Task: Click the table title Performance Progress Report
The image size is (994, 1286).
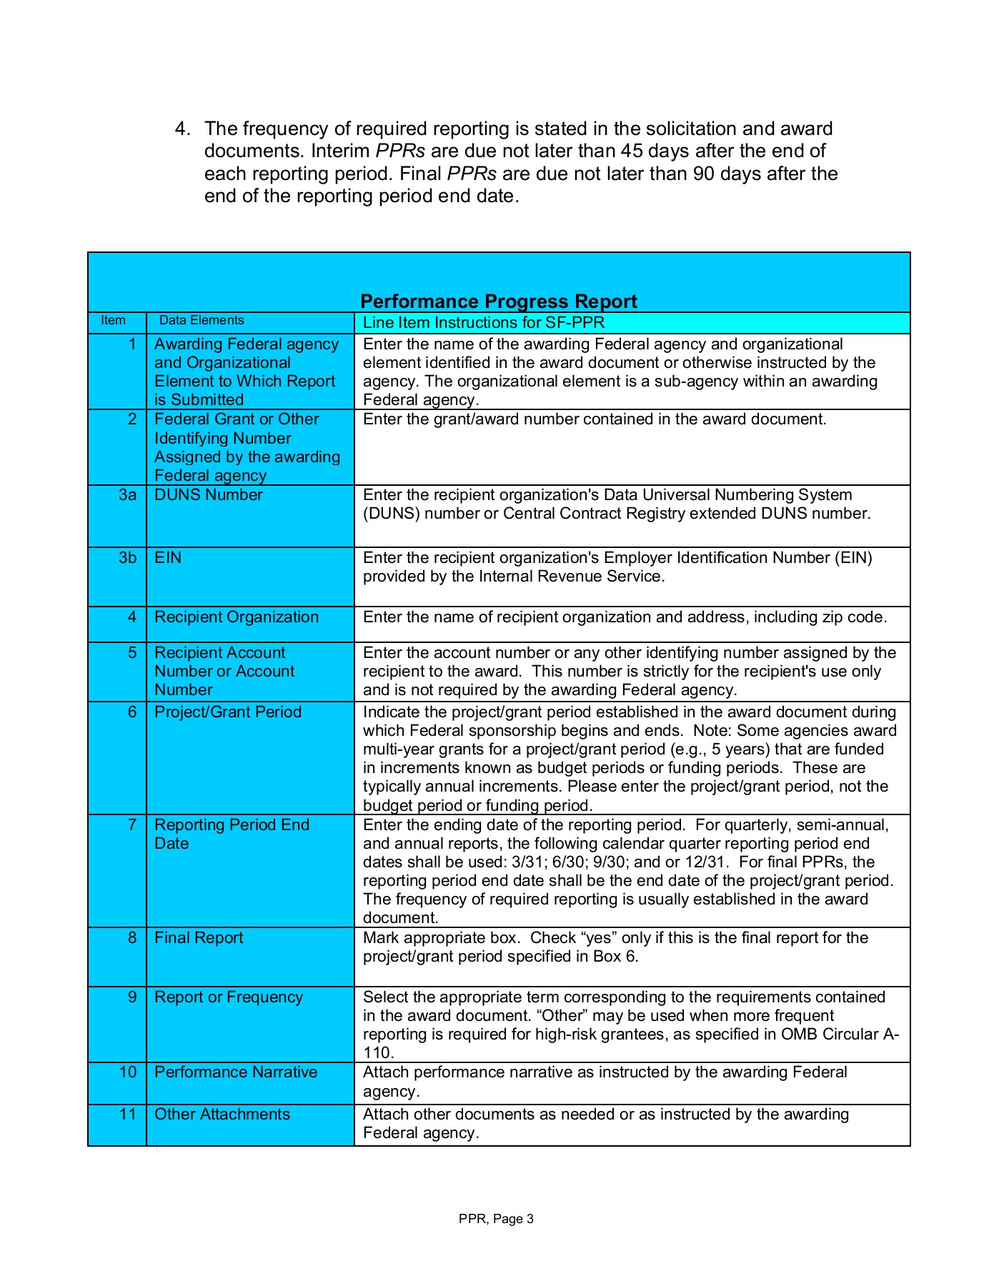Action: coord(498,301)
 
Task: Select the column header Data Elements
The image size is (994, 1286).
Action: coord(202,321)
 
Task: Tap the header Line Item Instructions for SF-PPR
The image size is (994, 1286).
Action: coord(483,323)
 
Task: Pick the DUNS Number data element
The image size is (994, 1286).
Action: coord(209,495)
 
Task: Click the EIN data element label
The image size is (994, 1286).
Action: coord(168,557)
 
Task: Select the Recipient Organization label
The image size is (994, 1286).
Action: coord(237,617)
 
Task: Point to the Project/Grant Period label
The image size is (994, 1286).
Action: coord(228,712)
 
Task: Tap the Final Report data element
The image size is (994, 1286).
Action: coord(199,938)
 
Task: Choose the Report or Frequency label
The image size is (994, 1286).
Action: coord(229,997)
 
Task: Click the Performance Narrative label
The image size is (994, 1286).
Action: coord(236,1072)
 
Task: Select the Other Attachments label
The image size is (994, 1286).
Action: coord(222,1115)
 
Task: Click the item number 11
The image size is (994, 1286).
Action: coord(127,1115)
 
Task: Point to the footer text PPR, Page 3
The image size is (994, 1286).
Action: coord(496,1219)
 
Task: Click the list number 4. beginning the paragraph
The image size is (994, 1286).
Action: coord(183,129)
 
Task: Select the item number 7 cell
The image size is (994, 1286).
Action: coord(132,825)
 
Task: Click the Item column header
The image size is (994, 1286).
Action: coord(113,321)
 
